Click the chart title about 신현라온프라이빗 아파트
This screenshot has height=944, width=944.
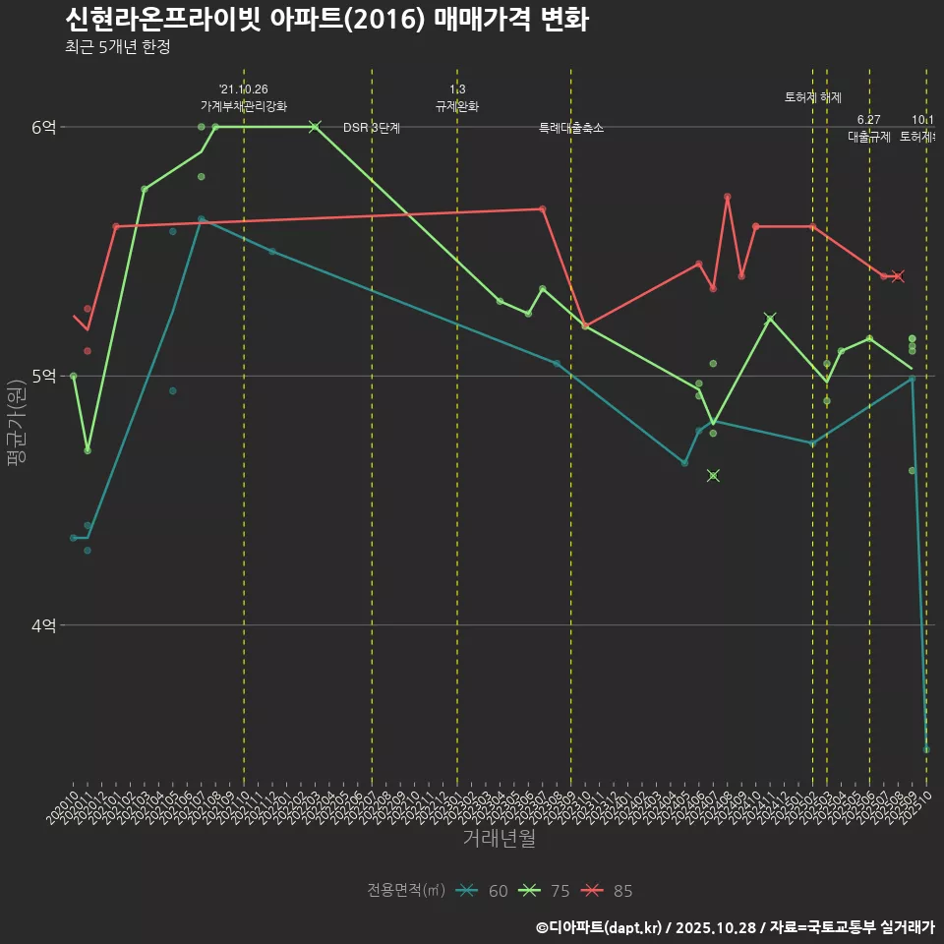(326, 20)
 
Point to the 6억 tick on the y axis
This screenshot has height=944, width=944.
(43, 127)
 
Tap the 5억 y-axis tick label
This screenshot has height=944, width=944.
(43, 376)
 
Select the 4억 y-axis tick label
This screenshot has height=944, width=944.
(43, 625)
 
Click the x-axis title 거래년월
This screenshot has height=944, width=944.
(499, 839)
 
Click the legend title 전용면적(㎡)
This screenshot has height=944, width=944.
(406, 891)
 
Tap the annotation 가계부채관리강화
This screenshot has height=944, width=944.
(244, 106)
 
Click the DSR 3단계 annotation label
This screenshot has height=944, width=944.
(371, 128)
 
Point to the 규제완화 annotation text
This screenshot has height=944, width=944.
(457, 106)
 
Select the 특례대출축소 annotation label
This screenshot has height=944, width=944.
(571, 128)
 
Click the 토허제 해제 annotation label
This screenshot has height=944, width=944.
(813, 97)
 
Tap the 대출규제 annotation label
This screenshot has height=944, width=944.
(869, 138)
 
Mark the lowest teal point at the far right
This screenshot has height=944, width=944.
(926, 749)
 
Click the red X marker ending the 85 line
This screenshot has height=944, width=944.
(897, 276)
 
